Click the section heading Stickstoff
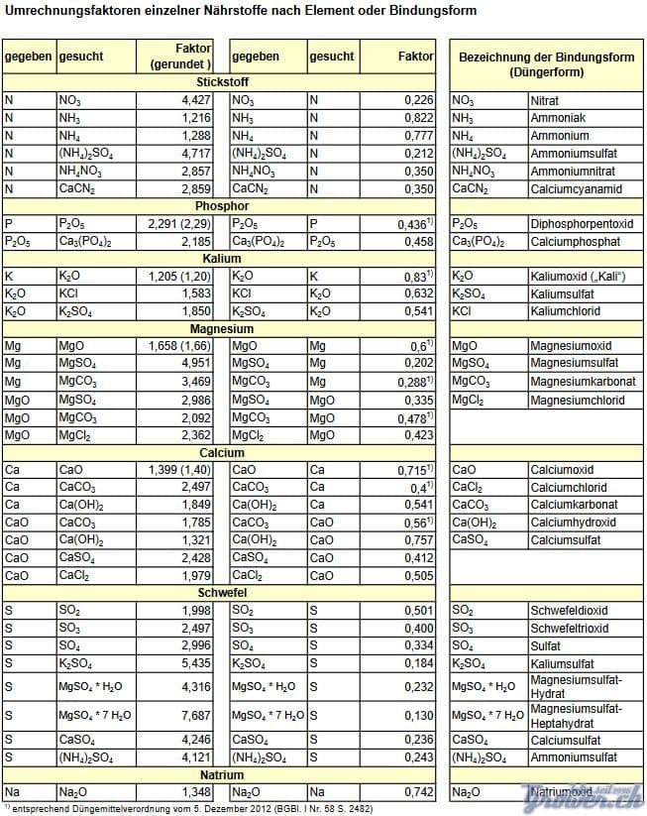(x=222, y=83)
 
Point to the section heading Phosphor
(x=222, y=206)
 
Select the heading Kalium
(x=222, y=259)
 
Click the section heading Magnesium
(x=222, y=329)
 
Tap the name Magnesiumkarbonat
(x=583, y=382)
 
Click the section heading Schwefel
(x=222, y=593)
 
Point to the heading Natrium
(x=222, y=775)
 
